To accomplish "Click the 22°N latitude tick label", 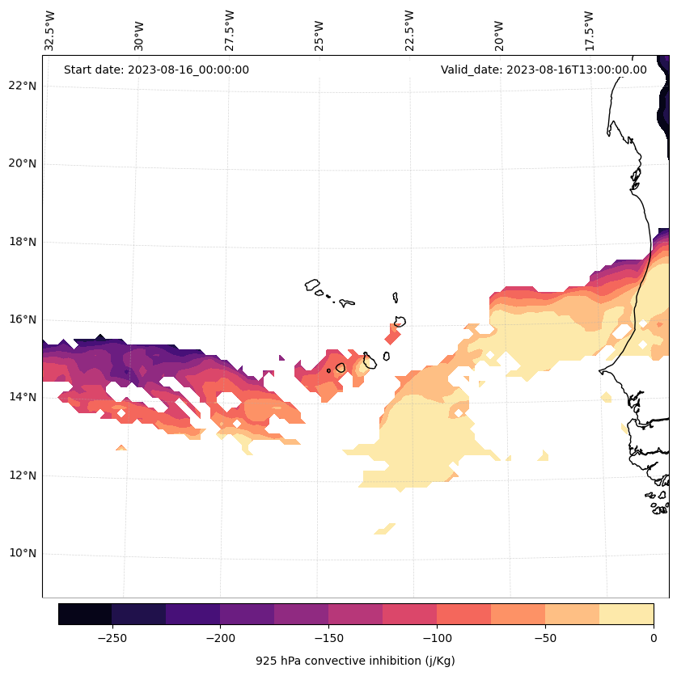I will point(22,86).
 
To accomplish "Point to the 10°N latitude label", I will point(22,554).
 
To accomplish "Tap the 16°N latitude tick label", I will point(22,319).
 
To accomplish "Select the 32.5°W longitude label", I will point(50,31).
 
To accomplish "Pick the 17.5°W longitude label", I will point(589,31).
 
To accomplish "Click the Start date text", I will point(156,70).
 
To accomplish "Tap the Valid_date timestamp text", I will point(544,70).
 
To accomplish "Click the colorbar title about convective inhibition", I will point(355,661).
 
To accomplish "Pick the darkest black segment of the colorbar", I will point(85,614).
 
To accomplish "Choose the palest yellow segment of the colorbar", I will point(626,614).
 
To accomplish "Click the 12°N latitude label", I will point(22,475).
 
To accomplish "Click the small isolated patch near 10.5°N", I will point(385,529).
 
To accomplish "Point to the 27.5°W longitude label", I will point(230,31).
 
